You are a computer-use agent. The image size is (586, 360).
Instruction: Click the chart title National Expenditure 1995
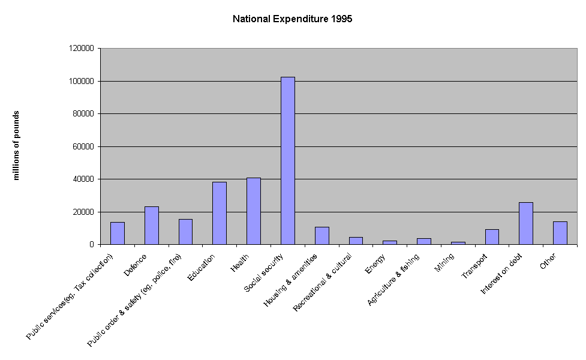pyautogui.click(x=292, y=19)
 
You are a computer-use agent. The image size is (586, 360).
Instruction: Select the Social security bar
pyautogui.click(x=288, y=161)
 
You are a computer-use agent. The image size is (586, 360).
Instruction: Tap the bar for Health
pyautogui.click(x=254, y=211)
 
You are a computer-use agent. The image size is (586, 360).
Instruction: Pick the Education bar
pyautogui.click(x=220, y=213)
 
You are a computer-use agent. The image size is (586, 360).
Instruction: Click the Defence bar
pyautogui.click(x=152, y=226)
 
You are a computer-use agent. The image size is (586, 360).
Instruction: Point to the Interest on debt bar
pyautogui.click(x=526, y=223)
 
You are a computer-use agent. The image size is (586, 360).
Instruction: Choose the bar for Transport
pyautogui.click(x=492, y=237)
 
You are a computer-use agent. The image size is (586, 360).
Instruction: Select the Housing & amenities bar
pyautogui.click(x=322, y=236)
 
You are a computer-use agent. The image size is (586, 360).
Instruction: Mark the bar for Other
pyautogui.click(x=560, y=233)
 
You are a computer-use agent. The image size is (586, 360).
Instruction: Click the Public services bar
pyautogui.click(x=118, y=233)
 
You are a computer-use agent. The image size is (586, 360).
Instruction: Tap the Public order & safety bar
pyautogui.click(x=186, y=232)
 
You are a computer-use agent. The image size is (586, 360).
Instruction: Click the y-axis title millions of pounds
pyautogui.click(x=17, y=145)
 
